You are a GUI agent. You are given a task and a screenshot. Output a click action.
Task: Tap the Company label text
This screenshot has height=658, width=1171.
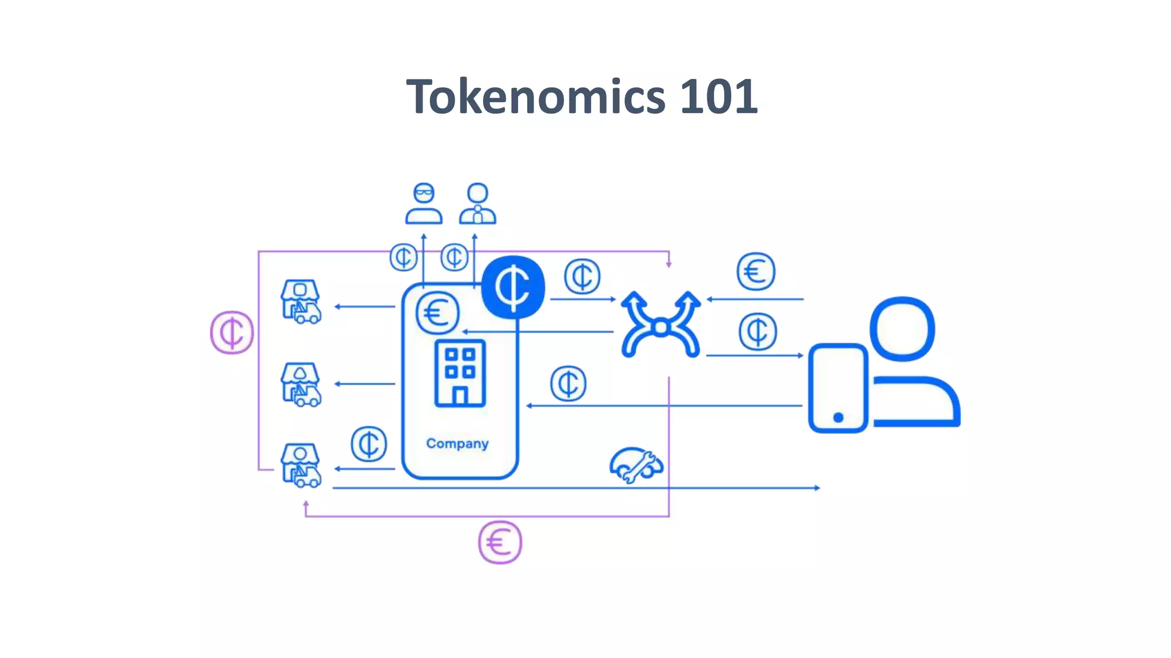point(457,443)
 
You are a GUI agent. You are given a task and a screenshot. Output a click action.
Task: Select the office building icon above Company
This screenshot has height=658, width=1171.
point(460,373)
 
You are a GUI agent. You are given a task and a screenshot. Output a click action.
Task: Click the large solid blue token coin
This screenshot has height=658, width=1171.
point(513,287)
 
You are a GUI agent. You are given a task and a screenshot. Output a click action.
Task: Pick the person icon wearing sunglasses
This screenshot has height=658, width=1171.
point(424,203)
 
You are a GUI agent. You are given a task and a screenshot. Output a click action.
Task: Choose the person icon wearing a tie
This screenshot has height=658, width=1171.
point(477,203)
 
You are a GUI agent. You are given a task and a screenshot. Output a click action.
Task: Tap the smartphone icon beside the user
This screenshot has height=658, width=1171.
point(838,388)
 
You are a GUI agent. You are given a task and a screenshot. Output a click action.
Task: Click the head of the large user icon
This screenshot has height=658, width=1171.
point(902,328)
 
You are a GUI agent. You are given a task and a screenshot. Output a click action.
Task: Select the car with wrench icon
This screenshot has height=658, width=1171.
point(636,464)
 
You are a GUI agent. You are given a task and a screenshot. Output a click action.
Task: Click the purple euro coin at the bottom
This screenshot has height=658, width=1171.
point(500,542)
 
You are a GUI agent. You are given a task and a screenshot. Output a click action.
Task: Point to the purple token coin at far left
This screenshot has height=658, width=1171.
point(232,332)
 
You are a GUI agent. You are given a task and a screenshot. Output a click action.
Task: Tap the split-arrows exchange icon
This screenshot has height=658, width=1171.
point(660,326)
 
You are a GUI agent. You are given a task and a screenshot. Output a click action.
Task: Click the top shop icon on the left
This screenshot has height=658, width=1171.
point(301,302)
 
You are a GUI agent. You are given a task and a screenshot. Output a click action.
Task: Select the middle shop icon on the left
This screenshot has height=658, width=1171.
point(301,384)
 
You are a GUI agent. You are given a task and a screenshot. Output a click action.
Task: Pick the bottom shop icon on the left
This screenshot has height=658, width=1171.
point(301,466)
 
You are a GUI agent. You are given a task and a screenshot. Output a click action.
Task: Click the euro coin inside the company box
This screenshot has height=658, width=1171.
point(437,313)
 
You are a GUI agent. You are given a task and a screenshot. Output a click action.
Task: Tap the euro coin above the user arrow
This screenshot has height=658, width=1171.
point(756,271)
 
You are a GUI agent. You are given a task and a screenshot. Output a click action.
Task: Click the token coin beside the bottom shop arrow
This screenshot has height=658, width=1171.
point(369,444)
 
